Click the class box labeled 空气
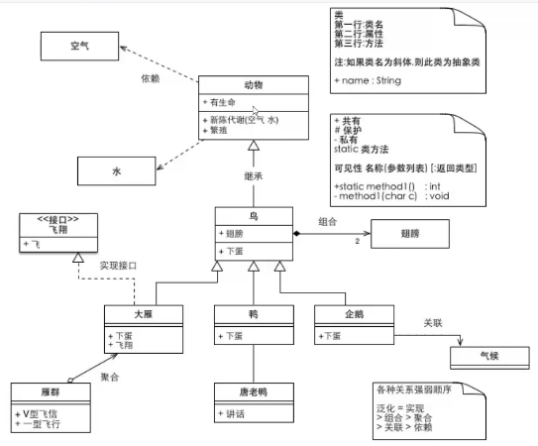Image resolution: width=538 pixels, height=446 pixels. point(79,47)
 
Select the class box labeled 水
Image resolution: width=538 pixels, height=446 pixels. point(116,171)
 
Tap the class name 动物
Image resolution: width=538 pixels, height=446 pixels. point(254,85)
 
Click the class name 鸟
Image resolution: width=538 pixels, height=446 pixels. point(254,215)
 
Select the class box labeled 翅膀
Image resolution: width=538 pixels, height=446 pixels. point(408,237)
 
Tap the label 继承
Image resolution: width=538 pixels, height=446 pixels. point(254,177)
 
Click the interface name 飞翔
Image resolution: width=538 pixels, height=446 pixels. point(57,227)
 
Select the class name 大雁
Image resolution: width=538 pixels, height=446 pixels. point(143,314)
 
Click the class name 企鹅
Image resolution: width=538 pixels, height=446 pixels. point(351,314)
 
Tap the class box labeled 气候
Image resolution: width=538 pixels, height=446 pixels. point(490,355)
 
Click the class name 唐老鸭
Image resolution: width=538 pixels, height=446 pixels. point(253,390)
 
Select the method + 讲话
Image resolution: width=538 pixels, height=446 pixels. point(234,410)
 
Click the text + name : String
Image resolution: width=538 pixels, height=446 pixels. point(368,80)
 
